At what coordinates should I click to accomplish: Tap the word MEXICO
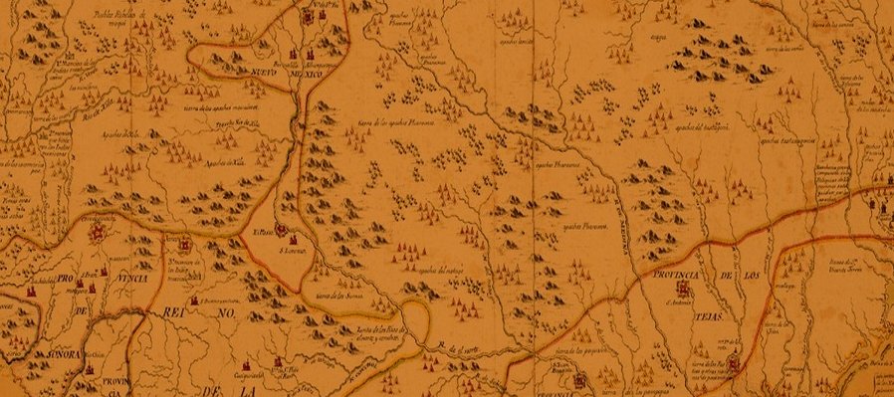312,76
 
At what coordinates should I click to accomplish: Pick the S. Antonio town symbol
684,288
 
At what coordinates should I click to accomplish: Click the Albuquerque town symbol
293,55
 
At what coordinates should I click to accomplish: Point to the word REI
165,314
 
